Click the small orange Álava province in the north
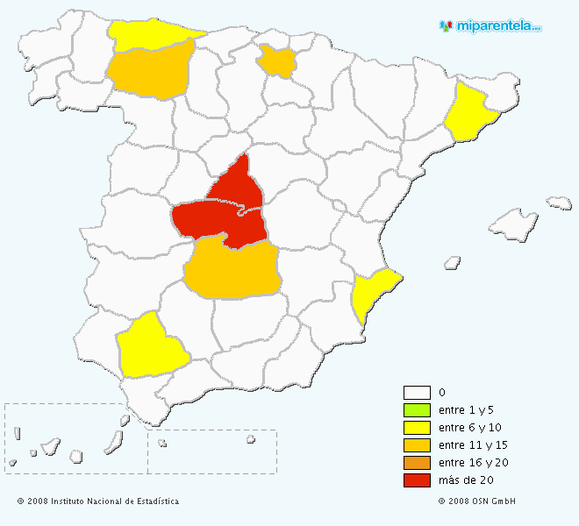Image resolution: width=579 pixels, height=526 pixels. [278, 60]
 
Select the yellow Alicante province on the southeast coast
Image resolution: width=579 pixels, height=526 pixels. [372, 293]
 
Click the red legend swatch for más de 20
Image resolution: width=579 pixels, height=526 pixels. [417, 480]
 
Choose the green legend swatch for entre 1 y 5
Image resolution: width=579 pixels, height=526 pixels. [417, 410]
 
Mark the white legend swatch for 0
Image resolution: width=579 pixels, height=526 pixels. [417, 393]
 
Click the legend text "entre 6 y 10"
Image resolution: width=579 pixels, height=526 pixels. [468, 428]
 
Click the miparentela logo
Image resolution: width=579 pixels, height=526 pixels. [490, 25]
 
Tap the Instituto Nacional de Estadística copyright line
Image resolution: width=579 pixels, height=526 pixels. [98, 501]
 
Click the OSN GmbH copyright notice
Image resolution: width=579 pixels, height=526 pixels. [477, 501]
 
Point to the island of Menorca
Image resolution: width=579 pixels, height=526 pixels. [559, 203]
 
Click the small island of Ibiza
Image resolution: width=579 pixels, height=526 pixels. [453, 261]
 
